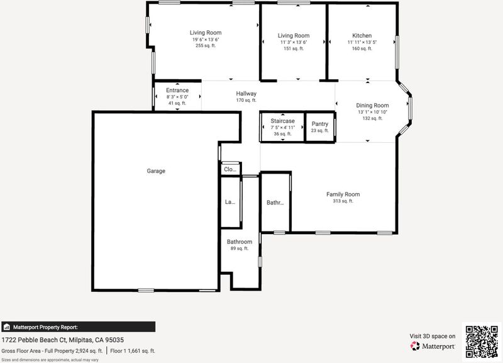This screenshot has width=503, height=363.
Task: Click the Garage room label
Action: click(x=156, y=171)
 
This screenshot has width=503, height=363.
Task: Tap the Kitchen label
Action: click(x=362, y=36)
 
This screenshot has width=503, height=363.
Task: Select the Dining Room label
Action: click(x=372, y=105)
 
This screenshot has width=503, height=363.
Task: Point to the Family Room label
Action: click(x=343, y=194)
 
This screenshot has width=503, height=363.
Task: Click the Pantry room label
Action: click(x=320, y=124)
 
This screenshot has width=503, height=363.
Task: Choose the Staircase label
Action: click(x=282, y=121)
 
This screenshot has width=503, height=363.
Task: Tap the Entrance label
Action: click(x=177, y=90)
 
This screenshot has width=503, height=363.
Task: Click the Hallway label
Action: click(x=246, y=93)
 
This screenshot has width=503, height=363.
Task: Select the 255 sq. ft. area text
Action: click(x=206, y=45)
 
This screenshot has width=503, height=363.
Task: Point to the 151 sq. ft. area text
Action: click(x=294, y=49)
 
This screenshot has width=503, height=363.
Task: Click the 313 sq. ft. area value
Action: click(x=343, y=201)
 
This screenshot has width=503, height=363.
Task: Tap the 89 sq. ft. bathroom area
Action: click(x=240, y=249)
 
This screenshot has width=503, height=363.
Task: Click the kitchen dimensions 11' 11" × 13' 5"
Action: click(x=362, y=42)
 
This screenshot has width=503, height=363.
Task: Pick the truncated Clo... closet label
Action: click(x=230, y=169)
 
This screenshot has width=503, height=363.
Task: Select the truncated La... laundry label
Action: click(x=229, y=202)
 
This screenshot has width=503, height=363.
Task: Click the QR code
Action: click(x=482, y=342)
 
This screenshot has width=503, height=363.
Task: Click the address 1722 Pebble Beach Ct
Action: click(x=34, y=340)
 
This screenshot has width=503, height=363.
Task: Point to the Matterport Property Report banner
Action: click(x=78, y=327)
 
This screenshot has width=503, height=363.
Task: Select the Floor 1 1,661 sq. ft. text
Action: click(x=133, y=351)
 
